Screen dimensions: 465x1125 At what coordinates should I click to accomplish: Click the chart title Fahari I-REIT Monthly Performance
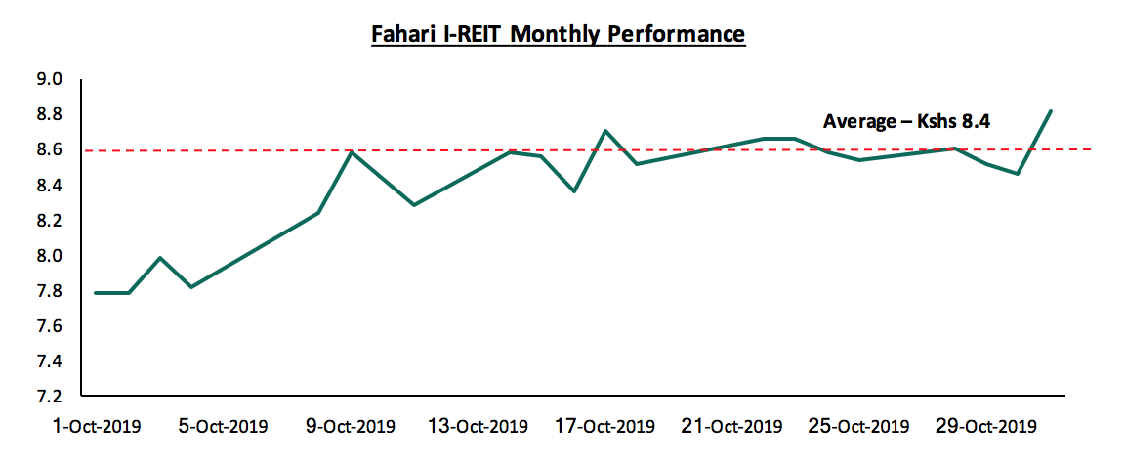pos(558,35)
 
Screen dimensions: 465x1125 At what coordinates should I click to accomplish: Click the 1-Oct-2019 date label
pos(98,427)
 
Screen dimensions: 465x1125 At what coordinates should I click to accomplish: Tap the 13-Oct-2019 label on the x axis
pos(479,427)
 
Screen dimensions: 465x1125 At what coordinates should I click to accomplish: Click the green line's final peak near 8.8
pos(1050,111)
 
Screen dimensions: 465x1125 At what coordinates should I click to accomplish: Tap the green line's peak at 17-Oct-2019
pos(605,131)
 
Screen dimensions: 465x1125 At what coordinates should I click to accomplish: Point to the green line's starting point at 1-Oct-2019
pos(97,292)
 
